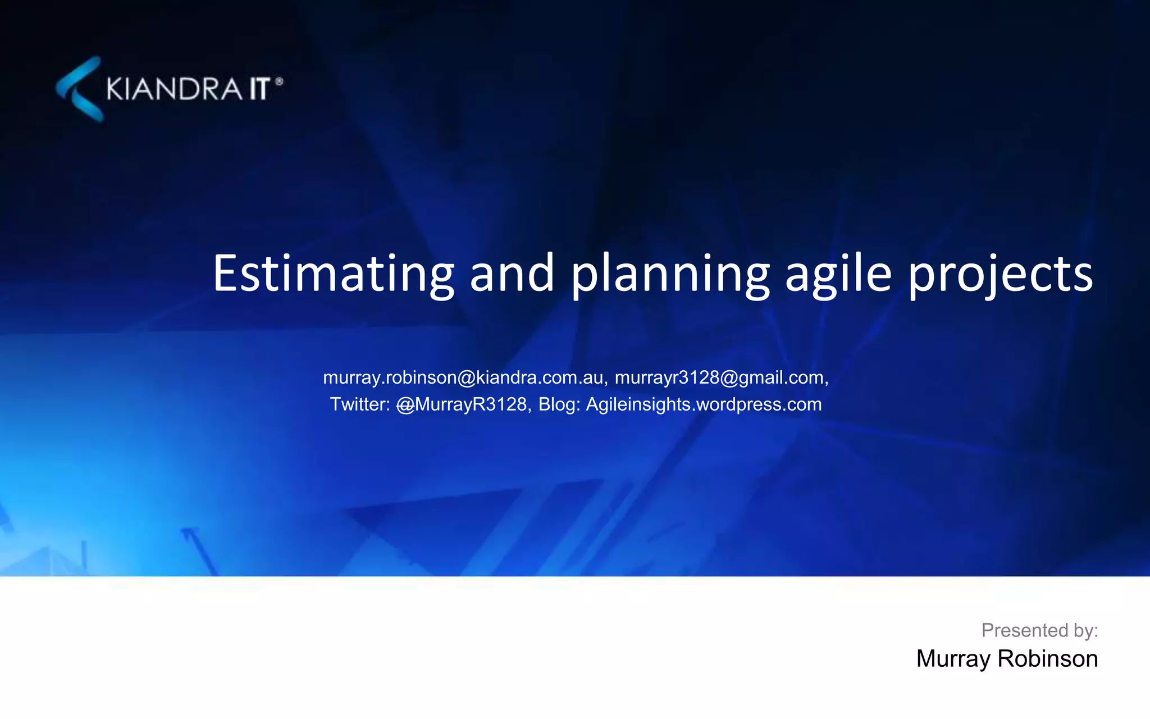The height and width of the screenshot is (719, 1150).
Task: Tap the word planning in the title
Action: coord(670,275)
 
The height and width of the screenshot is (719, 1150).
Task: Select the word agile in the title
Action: coord(838,275)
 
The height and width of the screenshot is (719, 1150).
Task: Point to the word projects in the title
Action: coord(1000,275)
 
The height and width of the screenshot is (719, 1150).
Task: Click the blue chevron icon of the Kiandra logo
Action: coord(80,89)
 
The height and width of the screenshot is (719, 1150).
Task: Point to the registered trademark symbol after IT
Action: coord(279,82)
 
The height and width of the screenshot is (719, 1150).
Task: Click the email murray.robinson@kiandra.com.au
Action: coord(463,377)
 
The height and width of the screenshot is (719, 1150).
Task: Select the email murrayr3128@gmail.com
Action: coord(719,377)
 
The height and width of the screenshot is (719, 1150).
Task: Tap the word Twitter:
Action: coord(359,404)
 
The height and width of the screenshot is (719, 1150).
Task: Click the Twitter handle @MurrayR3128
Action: coord(462,404)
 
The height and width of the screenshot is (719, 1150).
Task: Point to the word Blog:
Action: coord(559,404)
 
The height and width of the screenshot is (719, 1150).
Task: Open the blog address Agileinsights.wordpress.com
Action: coord(704,404)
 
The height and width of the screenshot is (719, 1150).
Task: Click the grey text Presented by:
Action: coord(1039,630)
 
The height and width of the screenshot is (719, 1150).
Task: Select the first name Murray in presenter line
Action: coord(953,659)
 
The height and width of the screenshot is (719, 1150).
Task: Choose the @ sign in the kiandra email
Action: coord(467,378)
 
